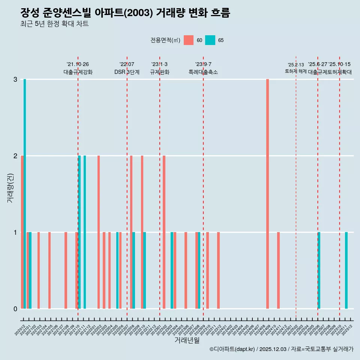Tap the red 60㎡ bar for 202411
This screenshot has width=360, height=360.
tap(278, 270)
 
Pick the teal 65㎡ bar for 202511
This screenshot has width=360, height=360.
tap(346, 270)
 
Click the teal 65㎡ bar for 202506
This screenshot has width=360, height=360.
tap(319, 270)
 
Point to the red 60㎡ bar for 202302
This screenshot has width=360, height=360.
tap(164, 232)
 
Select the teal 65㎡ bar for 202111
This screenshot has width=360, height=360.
tap(85, 232)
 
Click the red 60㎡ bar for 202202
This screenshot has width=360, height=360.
tap(99, 232)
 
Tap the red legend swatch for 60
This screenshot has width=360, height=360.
tap(189, 40)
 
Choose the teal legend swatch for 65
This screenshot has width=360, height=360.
tap(210, 40)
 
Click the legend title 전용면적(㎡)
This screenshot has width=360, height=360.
tap(165, 40)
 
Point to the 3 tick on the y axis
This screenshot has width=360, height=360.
tap(15, 79)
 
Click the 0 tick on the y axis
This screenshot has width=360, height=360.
tap(15, 309)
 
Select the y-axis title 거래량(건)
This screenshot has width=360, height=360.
tap(10, 188)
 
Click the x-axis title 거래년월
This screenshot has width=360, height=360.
tap(187, 340)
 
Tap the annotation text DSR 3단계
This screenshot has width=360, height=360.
tap(127, 72)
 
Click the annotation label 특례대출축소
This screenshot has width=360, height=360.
tap(203, 72)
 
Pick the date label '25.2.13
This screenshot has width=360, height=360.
tap(296, 65)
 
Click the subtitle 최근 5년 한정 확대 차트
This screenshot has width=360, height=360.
tap(54, 24)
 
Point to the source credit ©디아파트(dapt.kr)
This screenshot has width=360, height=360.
tap(232, 349)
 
